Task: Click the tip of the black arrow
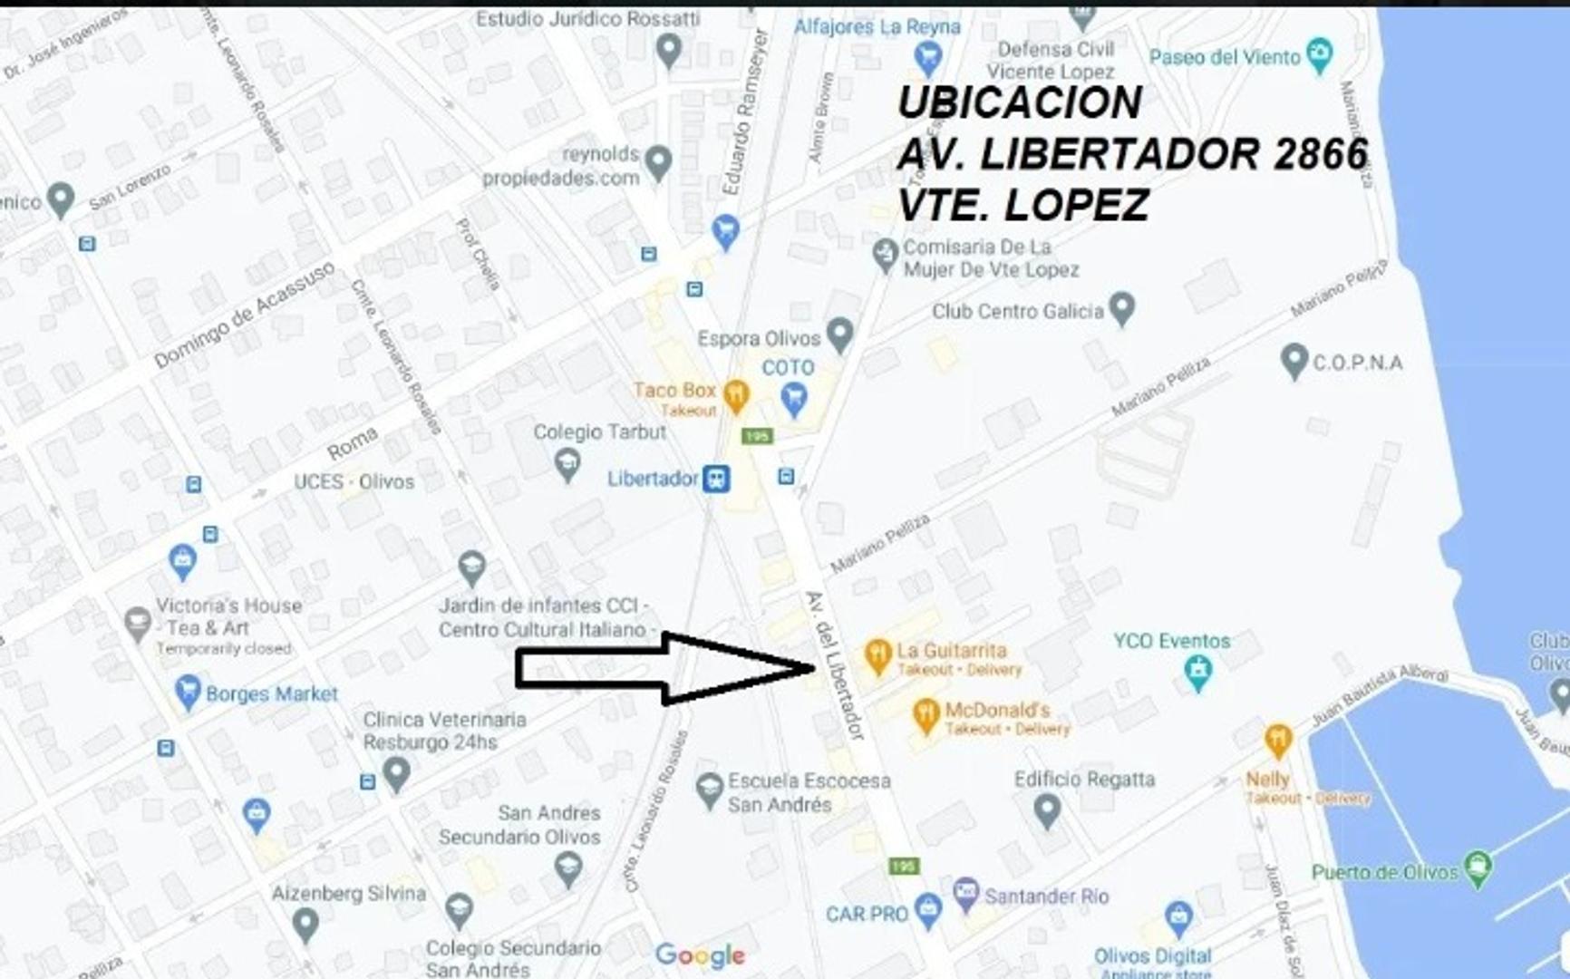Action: click(x=815, y=669)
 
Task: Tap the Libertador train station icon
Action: click(x=717, y=479)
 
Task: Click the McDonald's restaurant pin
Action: click(x=926, y=715)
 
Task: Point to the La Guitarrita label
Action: click(x=952, y=650)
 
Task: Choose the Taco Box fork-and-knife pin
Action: click(x=737, y=394)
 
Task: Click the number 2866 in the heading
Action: click(x=1320, y=154)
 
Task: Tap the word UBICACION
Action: click(x=1019, y=102)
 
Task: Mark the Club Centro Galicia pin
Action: click(x=1122, y=308)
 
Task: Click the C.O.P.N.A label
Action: click(x=1357, y=363)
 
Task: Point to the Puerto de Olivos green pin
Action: click(x=1478, y=868)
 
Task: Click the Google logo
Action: click(x=700, y=955)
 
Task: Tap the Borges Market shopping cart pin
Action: click(x=188, y=693)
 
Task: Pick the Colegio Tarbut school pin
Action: click(x=567, y=464)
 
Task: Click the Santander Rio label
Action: click(x=1046, y=897)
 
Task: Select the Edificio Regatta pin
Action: click(x=1047, y=809)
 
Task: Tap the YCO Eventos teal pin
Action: click(x=1198, y=672)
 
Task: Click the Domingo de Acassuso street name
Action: click(x=245, y=314)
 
